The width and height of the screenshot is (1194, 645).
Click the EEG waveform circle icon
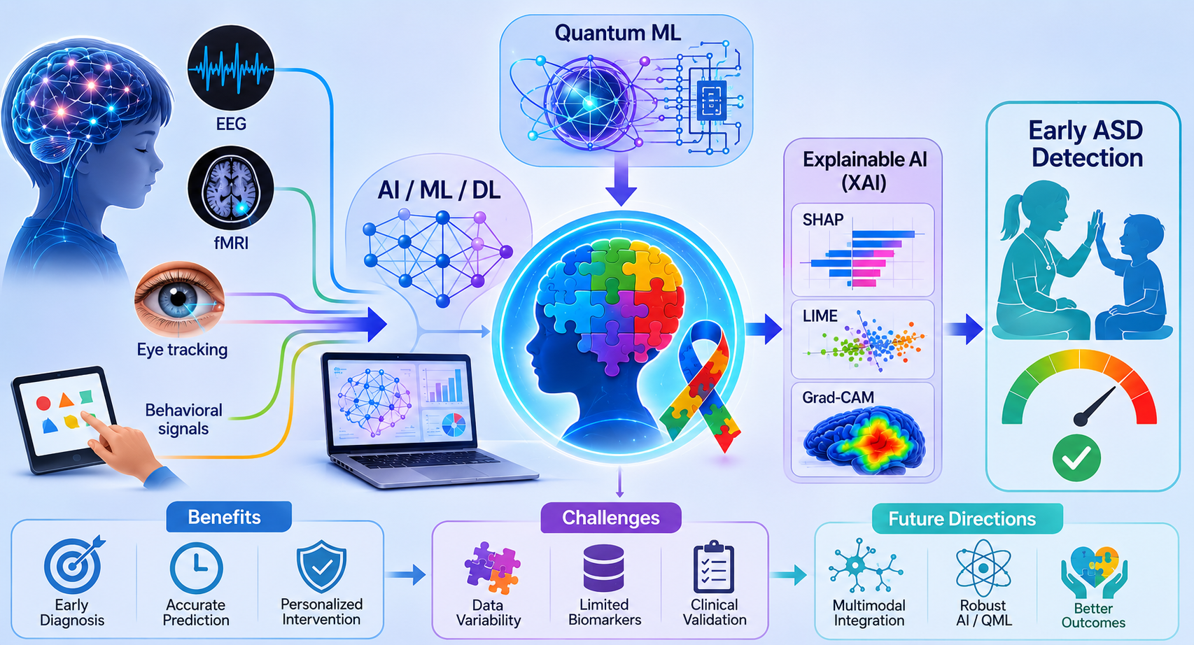coord(231,68)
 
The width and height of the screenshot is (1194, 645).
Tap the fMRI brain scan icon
coord(231,188)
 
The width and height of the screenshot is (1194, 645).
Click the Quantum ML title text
coord(618,33)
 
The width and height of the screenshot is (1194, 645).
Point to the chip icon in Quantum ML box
coord(712,99)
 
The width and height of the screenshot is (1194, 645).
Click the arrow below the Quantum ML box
coord(621,180)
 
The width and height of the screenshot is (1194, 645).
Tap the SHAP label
coord(823,220)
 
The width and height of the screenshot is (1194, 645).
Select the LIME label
coord(820,316)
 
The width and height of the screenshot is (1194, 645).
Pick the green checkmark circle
coord(1076,458)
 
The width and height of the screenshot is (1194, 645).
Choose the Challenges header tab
coord(611,518)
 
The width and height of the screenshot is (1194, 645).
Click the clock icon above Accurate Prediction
coord(196,568)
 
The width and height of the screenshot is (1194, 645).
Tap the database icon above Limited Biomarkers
coord(603,568)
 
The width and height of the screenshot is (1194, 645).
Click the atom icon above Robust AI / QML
coord(983,568)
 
